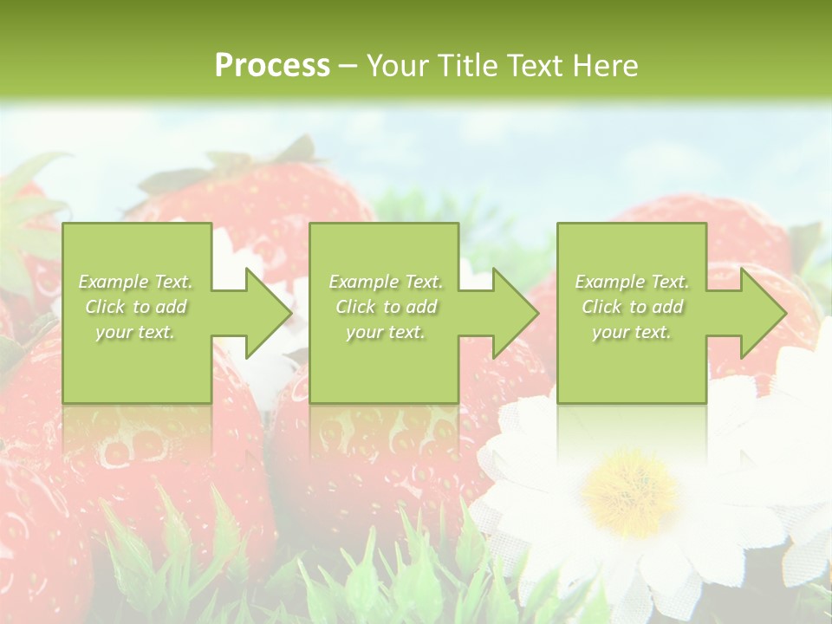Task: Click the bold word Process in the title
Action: [x=272, y=66]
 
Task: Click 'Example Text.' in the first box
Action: [x=136, y=282]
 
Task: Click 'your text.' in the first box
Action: [x=136, y=332]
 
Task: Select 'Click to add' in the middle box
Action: [x=386, y=307]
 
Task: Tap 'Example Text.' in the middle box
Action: [x=386, y=282]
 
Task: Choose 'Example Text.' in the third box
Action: [x=632, y=282]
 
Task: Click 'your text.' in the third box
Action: [x=632, y=332]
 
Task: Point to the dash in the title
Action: [x=348, y=66]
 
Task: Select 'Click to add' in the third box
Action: [x=632, y=307]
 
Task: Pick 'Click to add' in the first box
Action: [x=136, y=307]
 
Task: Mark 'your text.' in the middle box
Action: [x=386, y=332]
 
